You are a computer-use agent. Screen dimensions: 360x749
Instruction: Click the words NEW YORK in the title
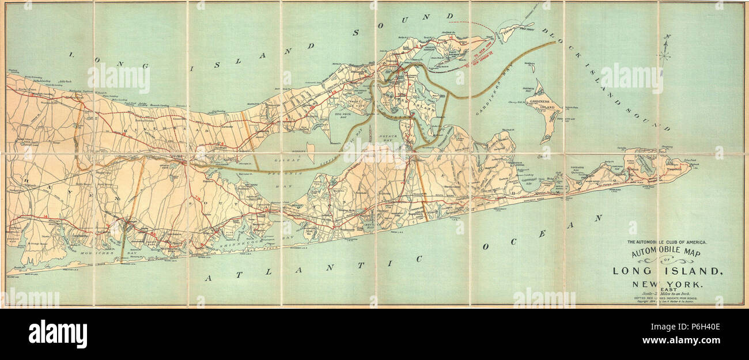pos(667,283)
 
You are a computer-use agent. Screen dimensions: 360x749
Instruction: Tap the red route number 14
pos(46,217)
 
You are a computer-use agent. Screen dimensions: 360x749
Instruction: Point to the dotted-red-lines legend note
pos(667,298)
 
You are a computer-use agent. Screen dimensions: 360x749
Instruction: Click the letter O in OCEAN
pos(486,247)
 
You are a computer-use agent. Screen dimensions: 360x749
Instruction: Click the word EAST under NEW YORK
pos(667,289)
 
